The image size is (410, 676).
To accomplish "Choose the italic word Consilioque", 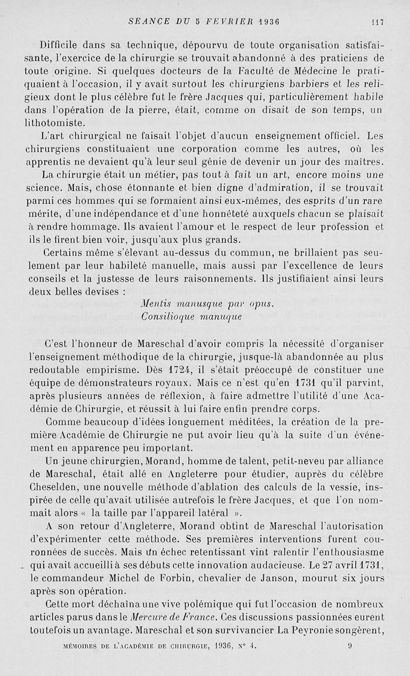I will [x=163, y=317].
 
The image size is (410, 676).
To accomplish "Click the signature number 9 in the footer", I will [x=350, y=647].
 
